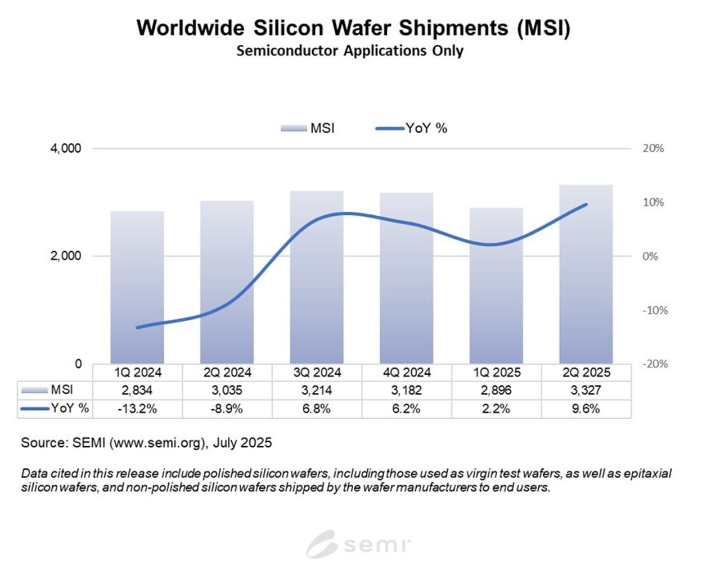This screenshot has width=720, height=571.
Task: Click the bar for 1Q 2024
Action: point(137,287)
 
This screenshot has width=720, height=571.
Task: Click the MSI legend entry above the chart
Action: point(308,129)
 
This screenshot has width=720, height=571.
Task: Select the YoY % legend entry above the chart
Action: point(412,129)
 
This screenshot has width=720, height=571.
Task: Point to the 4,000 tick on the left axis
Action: point(66,148)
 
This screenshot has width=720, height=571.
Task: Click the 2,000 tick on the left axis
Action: point(66,256)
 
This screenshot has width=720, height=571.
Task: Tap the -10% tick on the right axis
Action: point(655,310)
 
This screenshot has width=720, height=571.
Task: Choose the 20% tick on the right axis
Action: point(653,148)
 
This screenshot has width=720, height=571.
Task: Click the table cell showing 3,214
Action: point(317,390)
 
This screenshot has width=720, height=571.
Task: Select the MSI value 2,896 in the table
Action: point(496,390)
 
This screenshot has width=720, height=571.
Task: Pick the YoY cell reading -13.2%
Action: point(137,409)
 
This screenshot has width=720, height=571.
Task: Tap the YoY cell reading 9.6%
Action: point(586,409)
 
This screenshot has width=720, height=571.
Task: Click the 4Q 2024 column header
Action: point(406,373)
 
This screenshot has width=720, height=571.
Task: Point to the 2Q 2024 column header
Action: point(227,373)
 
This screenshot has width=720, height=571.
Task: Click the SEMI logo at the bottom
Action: point(358,544)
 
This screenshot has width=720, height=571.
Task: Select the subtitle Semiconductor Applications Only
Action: point(350,51)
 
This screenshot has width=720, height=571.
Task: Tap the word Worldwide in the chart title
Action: point(190,28)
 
